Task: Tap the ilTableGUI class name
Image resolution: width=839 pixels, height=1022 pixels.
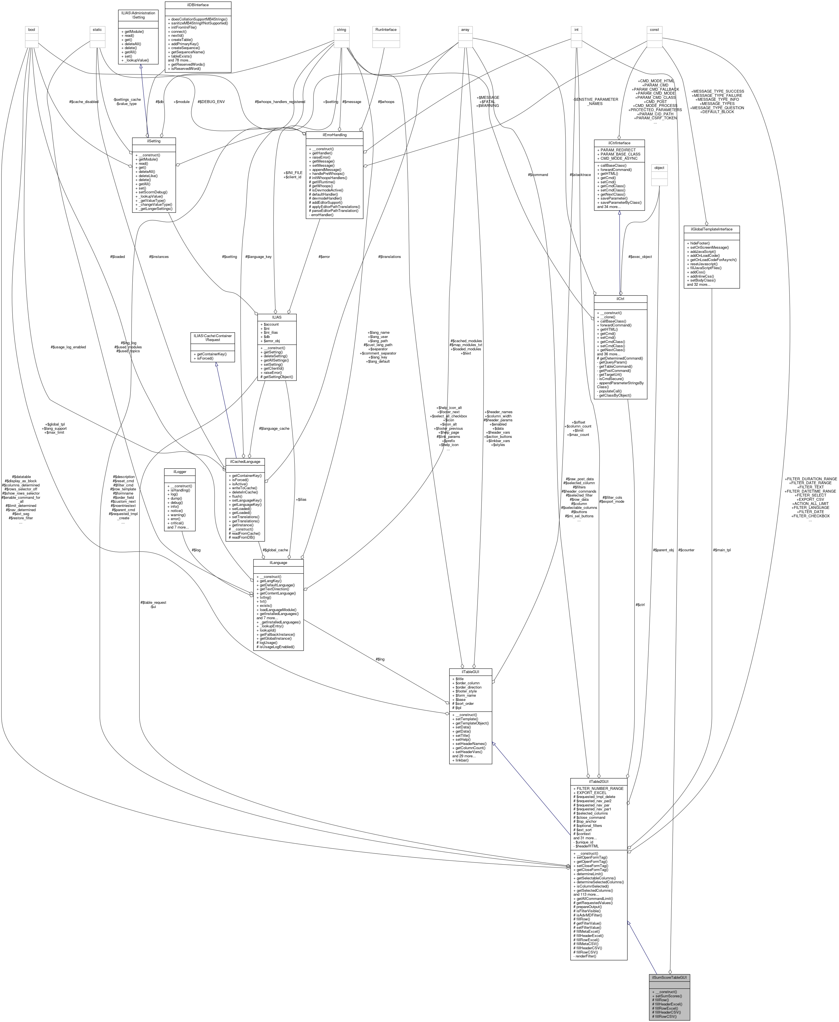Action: click(470, 672)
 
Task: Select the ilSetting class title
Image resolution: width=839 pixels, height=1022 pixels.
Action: click(154, 141)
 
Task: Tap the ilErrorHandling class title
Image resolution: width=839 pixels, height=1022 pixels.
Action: click(334, 135)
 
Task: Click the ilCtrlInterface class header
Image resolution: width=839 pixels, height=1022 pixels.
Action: click(619, 143)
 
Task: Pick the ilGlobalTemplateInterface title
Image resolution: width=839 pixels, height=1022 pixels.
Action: click(711, 229)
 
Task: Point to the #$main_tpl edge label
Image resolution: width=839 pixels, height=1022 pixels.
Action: click(722, 550)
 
